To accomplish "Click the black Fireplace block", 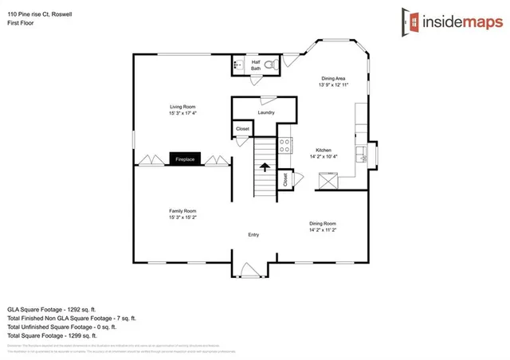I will [184, 159].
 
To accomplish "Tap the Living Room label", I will [182, 107].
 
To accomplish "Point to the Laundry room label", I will [266, 112].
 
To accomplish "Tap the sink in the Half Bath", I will [238, 64].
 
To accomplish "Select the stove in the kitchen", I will [284, 145].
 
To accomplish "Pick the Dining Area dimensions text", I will [333, 84].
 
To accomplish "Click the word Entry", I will [253, 235].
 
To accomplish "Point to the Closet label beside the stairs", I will [285, 180].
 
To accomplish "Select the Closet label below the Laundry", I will [242, 129].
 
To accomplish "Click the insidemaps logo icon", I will [413, 21].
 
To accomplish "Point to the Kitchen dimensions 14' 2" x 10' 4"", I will [324, 157].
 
